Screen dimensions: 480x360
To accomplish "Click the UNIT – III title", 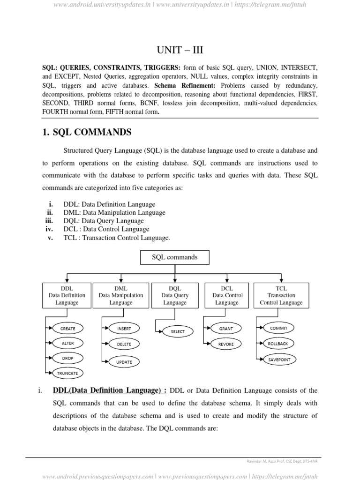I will tap(180, 50).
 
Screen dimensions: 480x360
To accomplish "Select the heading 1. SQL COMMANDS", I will tap(87, 132).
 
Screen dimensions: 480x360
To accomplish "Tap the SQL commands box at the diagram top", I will tap(175, 257).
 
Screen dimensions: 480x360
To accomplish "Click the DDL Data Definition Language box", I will tap(67, 295).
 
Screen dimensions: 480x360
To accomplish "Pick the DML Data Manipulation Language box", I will tap(121, 295).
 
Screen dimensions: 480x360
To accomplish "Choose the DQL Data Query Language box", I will tap(175, 295).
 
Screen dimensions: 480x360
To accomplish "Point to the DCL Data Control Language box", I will tap(227, 295).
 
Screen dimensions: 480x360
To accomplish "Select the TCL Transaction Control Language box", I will tap(281, 295).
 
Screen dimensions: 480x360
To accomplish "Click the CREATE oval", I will tap(68, 329).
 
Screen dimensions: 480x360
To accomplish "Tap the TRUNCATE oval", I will tap(68, 373).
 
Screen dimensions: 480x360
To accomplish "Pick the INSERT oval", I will tap(124, 329).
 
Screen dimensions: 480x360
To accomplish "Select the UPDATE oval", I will tap(124, 362).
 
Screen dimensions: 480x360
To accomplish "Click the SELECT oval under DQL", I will tap(178, 331).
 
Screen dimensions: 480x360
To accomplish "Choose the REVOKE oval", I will tap(226, 344).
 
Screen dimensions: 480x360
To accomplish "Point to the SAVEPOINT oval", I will tap(279, 360).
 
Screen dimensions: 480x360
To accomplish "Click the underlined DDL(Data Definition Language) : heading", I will tap(109, 390).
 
